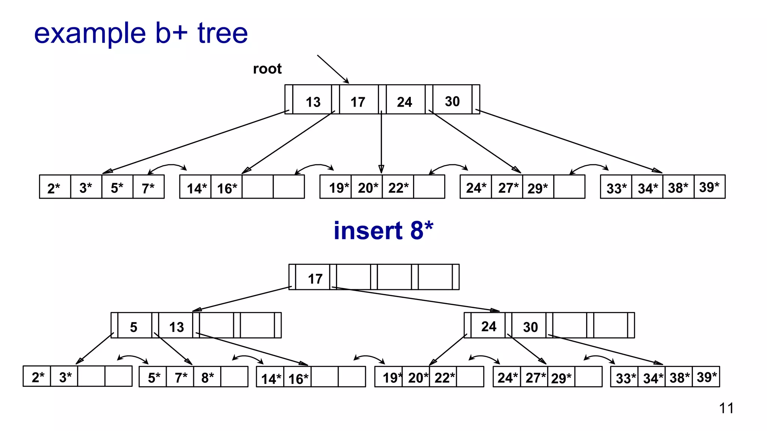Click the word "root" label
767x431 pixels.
tap(267, 69)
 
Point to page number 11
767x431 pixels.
tap(726, 408)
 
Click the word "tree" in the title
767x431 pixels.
tap(222, 33)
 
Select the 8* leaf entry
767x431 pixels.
tap(207, 377)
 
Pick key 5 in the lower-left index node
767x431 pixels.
tap(134, 327)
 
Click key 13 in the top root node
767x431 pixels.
tap(313, 102)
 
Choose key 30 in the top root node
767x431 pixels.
tap(452, 101)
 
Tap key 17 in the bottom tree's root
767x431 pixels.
tap(315, 279)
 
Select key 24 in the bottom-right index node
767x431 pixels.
tap(489, 326)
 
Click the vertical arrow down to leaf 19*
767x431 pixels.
tap(381, 142)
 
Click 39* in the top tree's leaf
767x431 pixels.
tap(709, 187)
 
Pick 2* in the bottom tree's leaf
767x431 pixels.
tap(38, 377)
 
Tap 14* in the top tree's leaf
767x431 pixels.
tap(197, 189)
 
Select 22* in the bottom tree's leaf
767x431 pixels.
tap(445, 377)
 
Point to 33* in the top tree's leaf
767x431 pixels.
tap(616, 189)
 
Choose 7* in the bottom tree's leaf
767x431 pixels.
tap(181, 377)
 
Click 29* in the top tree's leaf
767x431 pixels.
tap(537, 188)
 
